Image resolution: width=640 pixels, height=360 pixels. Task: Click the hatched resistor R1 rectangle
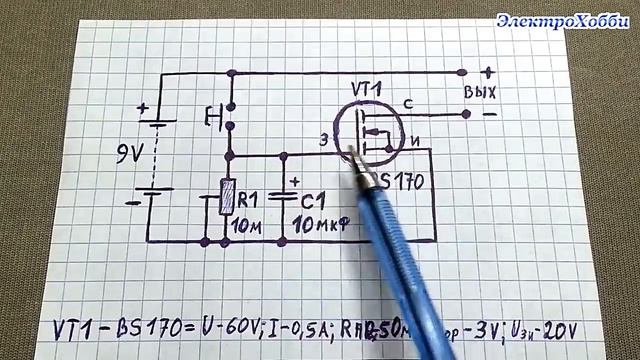pyautogui.click(x=228, y=196)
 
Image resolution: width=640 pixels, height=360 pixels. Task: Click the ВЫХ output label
pyautogui.click(x=481, y=93)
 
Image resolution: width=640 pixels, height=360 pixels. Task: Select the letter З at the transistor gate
pyautogui.click(x=323, y=140)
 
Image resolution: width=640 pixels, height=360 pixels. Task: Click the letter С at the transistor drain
pyautogui.click(x=408, y=103)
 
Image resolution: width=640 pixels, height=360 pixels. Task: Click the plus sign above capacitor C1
pyautogui.click(x=295, y=182)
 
